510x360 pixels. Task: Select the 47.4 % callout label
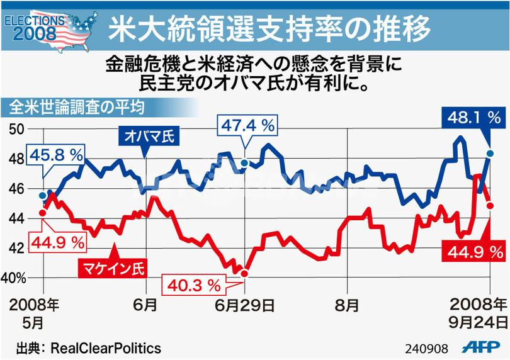[x=247, y=125]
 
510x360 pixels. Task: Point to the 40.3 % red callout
[x=196, y=285]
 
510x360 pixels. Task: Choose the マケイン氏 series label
[x=110, y=269]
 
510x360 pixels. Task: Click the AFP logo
[x=482, y=347]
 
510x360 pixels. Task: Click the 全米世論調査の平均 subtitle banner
[x=74, y=107]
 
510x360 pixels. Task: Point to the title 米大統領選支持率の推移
[x=269, y=28]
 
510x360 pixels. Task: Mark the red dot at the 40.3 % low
[x=245, y=273]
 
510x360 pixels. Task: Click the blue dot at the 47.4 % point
[x=244, y=163]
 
